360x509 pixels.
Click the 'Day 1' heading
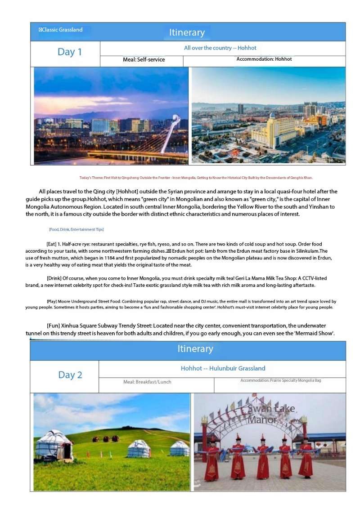coord(70,52)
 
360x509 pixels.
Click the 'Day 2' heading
coord(70,375)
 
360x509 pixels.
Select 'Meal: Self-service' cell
coord(144,59)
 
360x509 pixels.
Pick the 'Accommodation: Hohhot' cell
coord(264,59)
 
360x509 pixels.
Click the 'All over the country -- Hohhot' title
coord(220,48)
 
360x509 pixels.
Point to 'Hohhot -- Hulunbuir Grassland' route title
coord(223,368)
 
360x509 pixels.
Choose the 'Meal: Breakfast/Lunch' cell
coord(147,382)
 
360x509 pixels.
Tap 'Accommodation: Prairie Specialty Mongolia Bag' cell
coord(280,380)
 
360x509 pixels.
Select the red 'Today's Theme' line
coord(196,178)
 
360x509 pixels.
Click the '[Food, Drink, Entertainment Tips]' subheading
coord(76,229)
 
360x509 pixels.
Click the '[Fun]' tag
coord(54,325)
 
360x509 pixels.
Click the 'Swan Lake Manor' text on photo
coord(271,414)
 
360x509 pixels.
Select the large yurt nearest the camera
coord(54,444)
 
